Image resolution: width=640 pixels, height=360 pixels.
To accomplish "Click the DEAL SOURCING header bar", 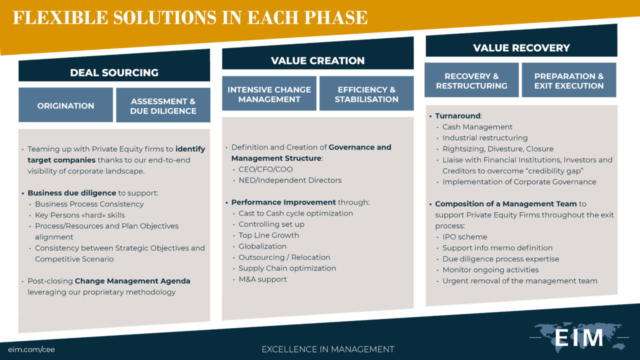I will [x=114, y=72].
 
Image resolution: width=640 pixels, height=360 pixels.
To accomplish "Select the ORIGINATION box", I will [x=65, y=105].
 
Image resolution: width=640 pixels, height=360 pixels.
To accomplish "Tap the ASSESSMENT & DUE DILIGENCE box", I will [x=163, y=106].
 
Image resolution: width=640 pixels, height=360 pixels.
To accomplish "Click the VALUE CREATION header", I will [x=317, y=60].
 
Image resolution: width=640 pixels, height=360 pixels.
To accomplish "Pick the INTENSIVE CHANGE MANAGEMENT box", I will [x=269, y=94].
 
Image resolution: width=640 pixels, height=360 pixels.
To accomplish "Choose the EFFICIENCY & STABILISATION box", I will [x=366, y=94].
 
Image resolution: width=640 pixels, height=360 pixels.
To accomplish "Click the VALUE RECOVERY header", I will [x=521, y=48].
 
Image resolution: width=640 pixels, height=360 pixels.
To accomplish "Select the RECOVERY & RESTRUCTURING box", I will [x=471, y=80].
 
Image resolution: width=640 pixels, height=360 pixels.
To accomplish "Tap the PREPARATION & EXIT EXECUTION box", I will [x=569, y=80].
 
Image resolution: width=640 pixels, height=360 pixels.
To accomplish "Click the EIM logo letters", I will [x=579, y=338].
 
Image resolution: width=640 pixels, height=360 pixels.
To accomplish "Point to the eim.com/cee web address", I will [x=31, y=349].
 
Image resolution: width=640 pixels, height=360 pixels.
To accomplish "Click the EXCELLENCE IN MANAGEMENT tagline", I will [x=327, y=349].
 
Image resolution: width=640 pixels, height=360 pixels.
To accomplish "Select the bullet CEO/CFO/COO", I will [x=265, y=169].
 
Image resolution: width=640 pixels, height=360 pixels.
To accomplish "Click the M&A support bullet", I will [x=262, y=279].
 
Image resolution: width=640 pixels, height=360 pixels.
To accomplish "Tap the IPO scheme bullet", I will [x=464, y=236].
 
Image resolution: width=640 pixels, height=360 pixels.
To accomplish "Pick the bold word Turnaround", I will [x=457, y=115].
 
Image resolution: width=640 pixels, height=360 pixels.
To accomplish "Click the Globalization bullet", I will [x=262, y=246].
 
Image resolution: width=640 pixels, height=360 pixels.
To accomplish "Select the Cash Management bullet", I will [x=477, y=126].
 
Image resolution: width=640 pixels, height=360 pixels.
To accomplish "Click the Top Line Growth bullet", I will [x=268, y=235].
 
